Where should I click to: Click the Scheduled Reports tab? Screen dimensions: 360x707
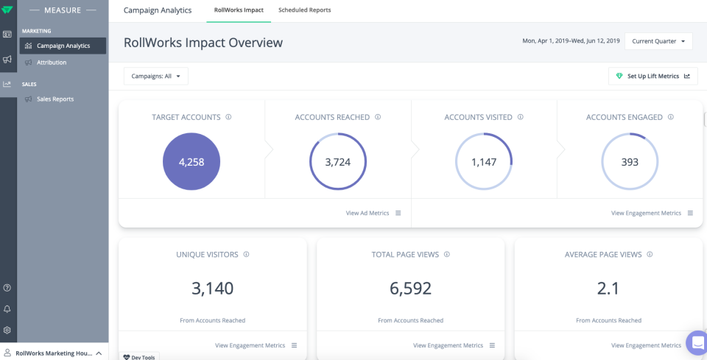coord(304,10)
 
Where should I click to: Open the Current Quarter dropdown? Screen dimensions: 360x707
coord(658,41)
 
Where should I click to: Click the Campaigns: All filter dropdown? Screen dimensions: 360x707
coord(156,76)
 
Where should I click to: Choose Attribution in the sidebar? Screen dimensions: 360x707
coord(52,63)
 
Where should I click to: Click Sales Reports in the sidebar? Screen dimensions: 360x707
coord(55,99)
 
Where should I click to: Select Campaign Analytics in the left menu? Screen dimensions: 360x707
coord(63,46)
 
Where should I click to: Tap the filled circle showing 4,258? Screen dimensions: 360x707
coord(191,162)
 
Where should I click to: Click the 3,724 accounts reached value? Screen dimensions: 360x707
coord(337,162)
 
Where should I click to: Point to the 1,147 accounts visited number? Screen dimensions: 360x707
coord(484,162)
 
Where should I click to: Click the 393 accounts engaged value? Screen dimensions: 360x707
coord(630,162)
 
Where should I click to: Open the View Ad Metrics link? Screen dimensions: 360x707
coord(367,213)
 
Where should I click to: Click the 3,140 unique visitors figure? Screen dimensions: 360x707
coord(212,289)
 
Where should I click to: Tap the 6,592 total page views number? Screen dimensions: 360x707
coord(410,289)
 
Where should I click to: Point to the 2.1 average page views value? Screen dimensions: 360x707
coord(608,289)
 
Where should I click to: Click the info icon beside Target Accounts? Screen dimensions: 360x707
coord(228,117)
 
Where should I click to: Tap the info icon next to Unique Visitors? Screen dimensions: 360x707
coord(246,255)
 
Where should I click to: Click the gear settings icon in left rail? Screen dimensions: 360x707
coord(7,331)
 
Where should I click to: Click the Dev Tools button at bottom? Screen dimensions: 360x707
coord(139,357)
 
